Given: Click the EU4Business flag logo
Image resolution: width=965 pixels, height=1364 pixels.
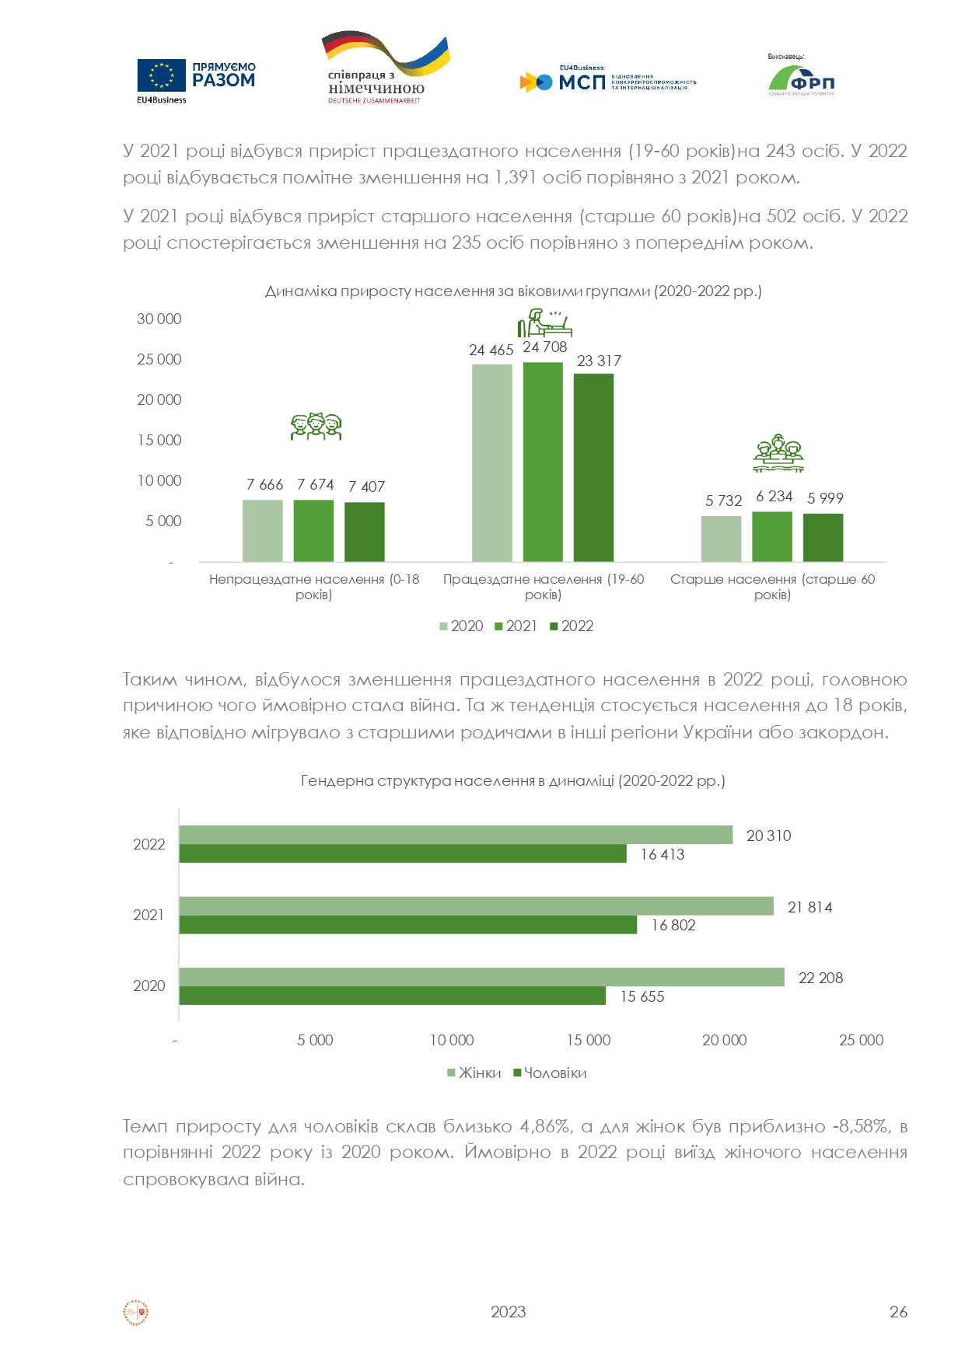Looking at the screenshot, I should pyautogui.click(x=162, y=76).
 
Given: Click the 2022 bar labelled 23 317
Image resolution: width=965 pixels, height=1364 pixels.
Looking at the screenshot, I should pyautogui.click(x=593, y=467).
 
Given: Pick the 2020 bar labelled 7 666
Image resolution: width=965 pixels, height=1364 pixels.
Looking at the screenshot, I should pyautogui.click(x=263, y=530).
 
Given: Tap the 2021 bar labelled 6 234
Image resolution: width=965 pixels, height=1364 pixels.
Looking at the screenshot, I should pyautogui.click(x=772, y=536).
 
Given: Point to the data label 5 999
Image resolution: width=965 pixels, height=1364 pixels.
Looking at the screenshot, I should pyautogui.click(x=825, y=498).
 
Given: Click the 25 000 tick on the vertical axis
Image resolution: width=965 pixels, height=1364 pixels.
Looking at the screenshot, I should pyautogui.click(x=159, y=359).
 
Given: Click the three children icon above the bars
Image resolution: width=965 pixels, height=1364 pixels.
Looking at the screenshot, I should pyautogui.click(x=316, y=426).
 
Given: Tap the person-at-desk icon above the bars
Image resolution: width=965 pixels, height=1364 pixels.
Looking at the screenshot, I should pyautogui.click(x=544, y=323).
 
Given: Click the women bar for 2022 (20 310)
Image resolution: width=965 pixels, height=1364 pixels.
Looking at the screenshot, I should pyautogui.click(x=456, y=835).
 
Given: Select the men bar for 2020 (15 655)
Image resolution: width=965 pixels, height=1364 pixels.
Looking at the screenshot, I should pyautogui.click(x=392, y=996).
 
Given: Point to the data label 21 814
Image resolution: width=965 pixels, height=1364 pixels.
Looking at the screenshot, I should pyautogui.click(x=809, y=907).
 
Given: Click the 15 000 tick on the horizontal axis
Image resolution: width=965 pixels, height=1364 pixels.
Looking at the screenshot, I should pyautogui.click(x=589, y=1040).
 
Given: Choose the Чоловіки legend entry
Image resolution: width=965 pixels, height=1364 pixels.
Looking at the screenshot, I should pyautogui.click(x=550, y=1073).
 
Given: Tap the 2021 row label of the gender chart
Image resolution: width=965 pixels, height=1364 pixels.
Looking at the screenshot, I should pyautogui.click(x=149, y=915).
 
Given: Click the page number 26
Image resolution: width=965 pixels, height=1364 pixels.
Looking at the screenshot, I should pyautogui.click(x=898, y=1312).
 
